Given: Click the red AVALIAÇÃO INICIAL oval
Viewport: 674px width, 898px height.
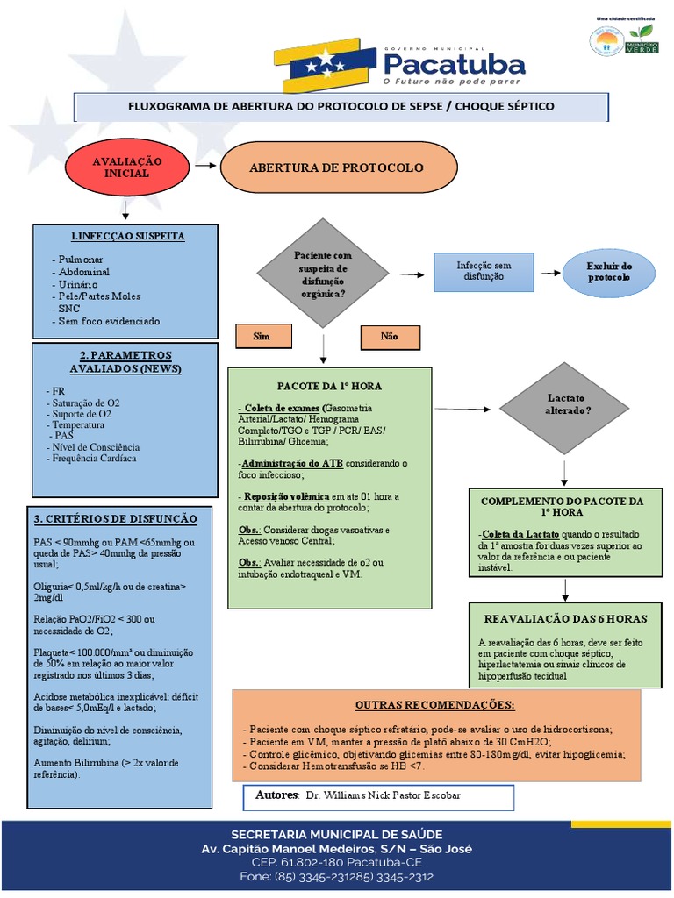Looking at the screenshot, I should point(128,167).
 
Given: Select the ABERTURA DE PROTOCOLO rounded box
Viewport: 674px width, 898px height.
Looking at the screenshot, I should point(338,167).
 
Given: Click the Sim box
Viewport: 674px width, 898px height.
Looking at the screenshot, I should point(262,336).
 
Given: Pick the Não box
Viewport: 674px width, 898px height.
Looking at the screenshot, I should point(389,337).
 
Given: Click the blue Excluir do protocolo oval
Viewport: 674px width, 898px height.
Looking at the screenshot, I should point(609,272).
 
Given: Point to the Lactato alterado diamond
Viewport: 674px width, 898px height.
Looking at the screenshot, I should point(567,405).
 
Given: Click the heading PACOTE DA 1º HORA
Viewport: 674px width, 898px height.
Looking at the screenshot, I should point(329,386).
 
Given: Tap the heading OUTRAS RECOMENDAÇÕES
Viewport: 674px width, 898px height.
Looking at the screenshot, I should point(435,705).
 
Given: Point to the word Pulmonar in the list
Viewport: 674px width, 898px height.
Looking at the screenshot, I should point(80,260).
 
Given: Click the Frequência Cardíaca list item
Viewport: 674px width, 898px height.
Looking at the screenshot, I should point(95,458).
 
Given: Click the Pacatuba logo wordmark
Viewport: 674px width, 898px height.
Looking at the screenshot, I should point(454,63).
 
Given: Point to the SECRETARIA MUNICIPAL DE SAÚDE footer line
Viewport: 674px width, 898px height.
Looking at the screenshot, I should point(337,834).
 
